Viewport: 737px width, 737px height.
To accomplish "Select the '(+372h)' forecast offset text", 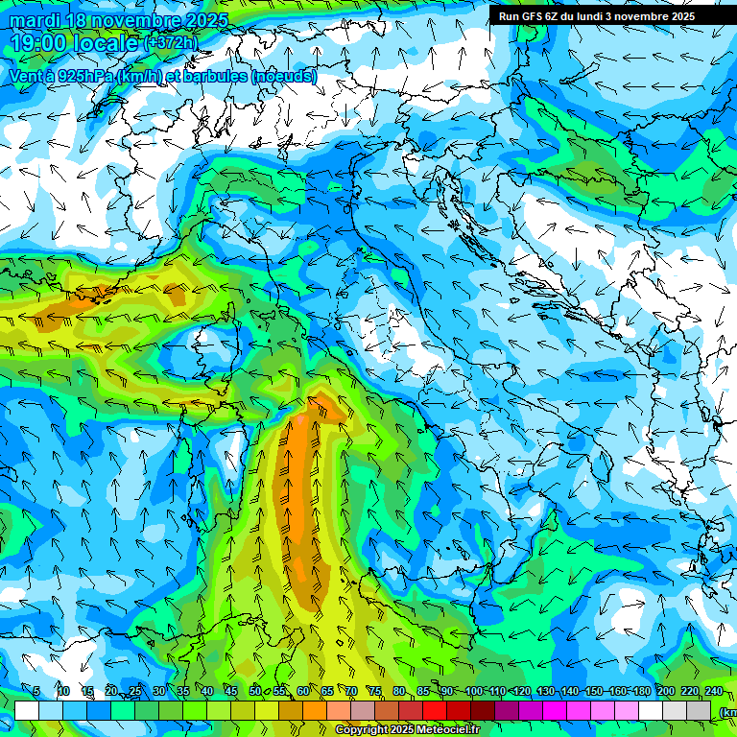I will tap(171, 43).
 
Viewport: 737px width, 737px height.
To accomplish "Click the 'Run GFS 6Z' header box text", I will tap(597, 16).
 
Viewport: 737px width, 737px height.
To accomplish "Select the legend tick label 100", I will tap(473, 692).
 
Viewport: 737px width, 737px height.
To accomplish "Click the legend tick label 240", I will tap(713, 692).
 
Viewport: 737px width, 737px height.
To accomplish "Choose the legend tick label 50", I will tap(255, 692).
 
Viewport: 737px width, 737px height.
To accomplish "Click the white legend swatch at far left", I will tap(27, 710).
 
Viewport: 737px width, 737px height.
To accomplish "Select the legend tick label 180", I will tap(641, 692).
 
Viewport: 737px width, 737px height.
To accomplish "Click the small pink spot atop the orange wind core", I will tap(304, 419).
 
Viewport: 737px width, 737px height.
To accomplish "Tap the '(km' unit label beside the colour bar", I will tap(727, 711).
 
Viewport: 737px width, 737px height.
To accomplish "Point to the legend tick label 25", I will tap(134, 692).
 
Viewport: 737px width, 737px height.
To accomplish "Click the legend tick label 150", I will tap(593, 692).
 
